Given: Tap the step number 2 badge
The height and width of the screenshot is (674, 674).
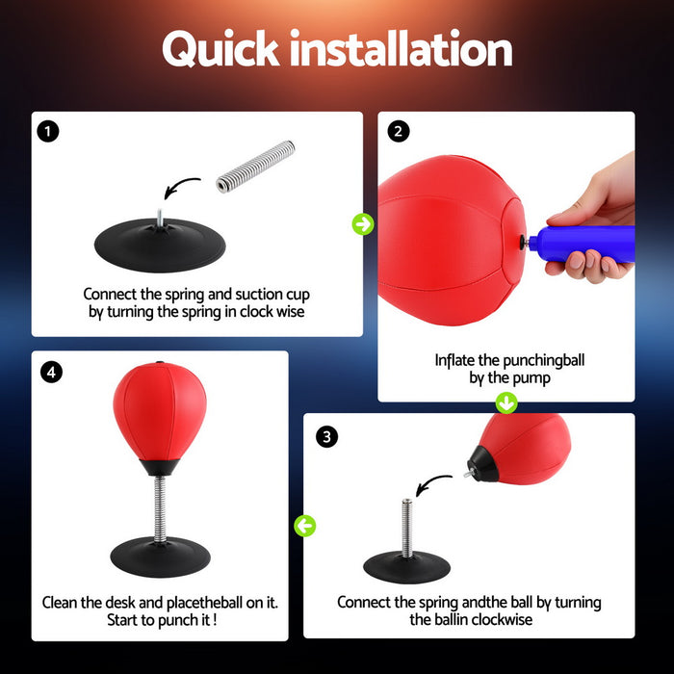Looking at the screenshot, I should point(398,131).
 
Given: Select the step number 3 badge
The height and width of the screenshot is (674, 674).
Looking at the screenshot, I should point(327,437).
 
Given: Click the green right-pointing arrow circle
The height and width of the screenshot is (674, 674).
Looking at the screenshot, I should point(362,224).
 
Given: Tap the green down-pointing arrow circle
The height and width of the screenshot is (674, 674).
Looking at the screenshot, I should point(506,402).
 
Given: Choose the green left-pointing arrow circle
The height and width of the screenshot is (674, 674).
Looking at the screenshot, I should point(305,526).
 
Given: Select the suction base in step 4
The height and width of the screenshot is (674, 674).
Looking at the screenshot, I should point(160,558).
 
